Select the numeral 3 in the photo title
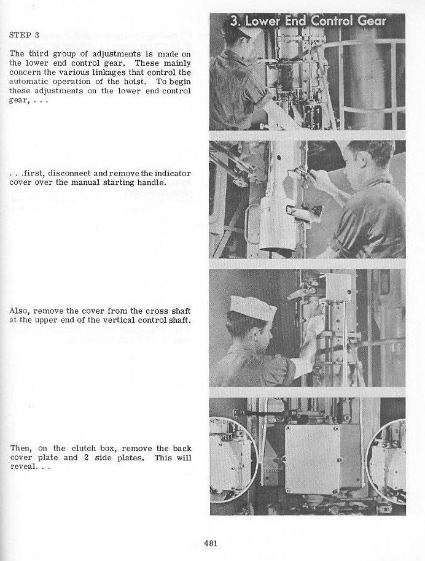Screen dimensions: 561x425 (234, 21)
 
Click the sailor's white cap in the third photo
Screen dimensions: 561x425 (253, 308)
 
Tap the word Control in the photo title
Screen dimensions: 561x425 (332, 21)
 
